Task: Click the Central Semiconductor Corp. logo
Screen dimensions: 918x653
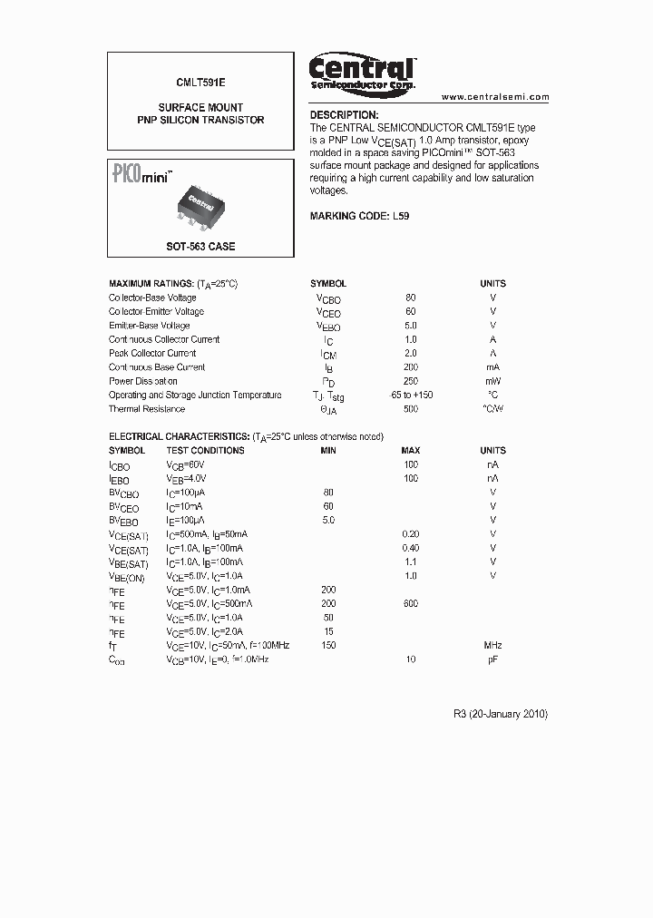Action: click(x=362, y=73)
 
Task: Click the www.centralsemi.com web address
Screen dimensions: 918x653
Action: click(x=495, y=97)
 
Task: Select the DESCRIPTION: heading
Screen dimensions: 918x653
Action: click(x=344, y=115)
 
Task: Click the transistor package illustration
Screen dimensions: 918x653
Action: click(x=202, y=206)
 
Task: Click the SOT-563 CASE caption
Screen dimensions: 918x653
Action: click(x=200, y=247)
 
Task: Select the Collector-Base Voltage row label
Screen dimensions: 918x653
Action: click(x=152, y=298)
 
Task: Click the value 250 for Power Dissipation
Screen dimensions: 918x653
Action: click(x=410, y=381)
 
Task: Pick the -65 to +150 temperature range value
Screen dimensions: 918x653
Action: click(x=410, y=395)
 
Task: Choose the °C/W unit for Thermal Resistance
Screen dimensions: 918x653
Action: click(x=492, y=408)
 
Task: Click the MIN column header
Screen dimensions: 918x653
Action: click(x=328, y=450)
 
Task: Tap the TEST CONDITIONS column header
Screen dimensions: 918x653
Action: click(x=205, y=450)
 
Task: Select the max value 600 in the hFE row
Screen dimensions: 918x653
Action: click(x=410, y=603)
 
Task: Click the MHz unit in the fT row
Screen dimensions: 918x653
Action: click(x=492, y=645)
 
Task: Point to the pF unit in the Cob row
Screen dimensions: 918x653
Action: click(x=492, y=659)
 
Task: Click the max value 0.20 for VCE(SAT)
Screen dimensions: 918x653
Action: click(x=410, y=534)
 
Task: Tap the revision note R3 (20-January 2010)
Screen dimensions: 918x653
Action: click(x=500, y=714)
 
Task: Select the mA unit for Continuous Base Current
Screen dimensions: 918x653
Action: click(x=492, y=367)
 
